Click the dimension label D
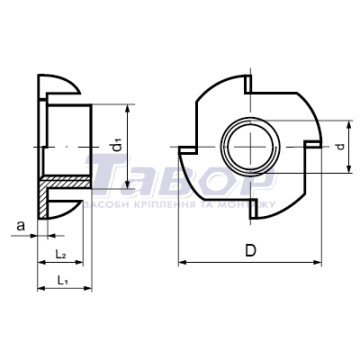[x=250, y=251]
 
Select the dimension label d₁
[x=117, y=146]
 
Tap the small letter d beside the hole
[x=340, y=146]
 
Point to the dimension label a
[x=21, y=226]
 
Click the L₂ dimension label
[x=60, y=255]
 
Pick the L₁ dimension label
[x=62, y=280]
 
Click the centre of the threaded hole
[x=250, y=147]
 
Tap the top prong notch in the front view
[x=248, y=84]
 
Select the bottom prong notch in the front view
[x=254, y=209]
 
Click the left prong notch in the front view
[x=187, y=150]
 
